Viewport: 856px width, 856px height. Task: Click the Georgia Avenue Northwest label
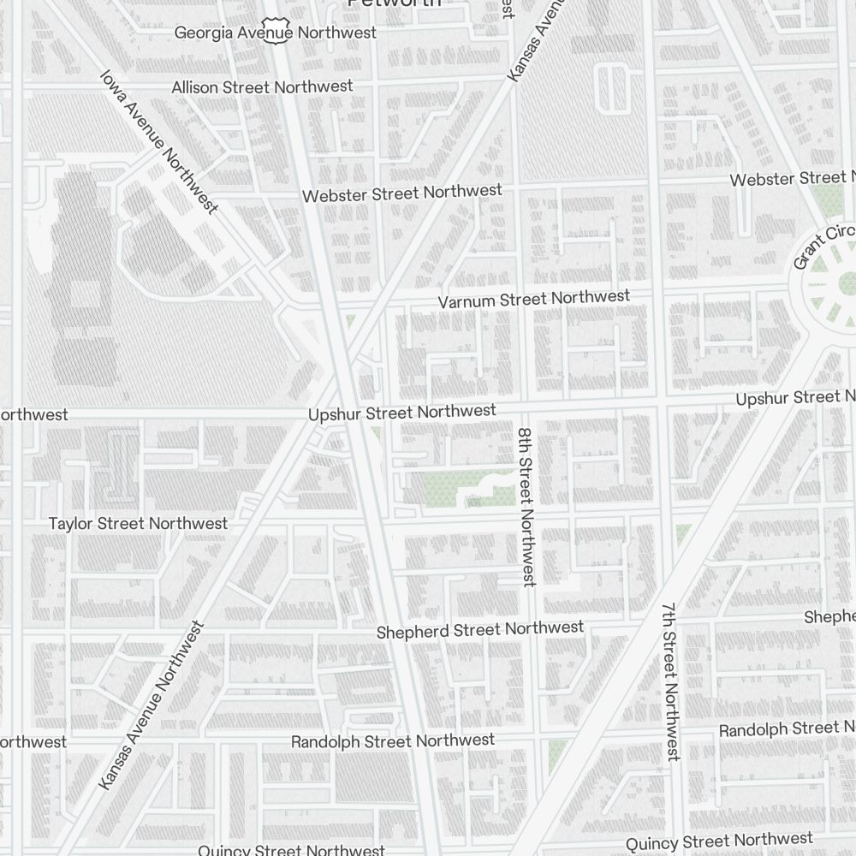tap(275, 33)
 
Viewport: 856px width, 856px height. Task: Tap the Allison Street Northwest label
tap(262, 87)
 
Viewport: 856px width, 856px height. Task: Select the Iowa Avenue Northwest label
tap(158, 141)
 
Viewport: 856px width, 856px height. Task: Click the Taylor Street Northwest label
tap(138, 523)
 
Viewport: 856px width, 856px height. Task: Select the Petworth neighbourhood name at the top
tap(394, 3)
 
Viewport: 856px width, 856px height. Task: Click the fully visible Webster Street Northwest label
tap(401, 193)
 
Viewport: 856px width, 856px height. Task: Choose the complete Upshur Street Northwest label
tap(401, 413)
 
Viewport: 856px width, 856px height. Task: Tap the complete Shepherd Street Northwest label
tap(480, 630)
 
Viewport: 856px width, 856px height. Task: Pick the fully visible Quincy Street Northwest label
tap(719, 842)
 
